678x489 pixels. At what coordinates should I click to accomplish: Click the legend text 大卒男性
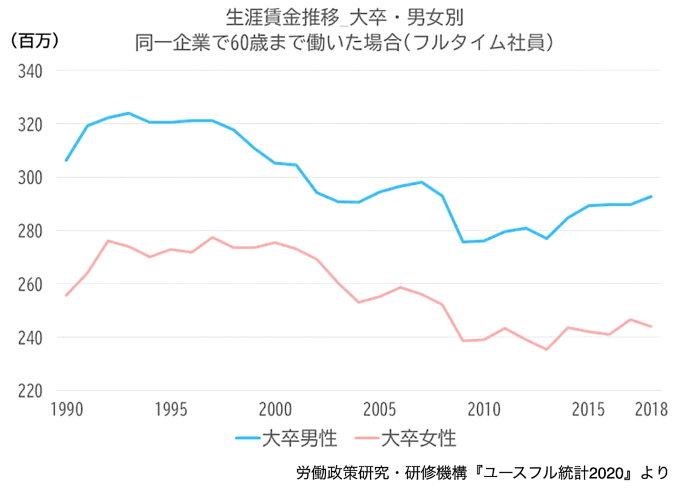tap(300, 438)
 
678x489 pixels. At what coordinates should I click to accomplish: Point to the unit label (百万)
tap(35, 41)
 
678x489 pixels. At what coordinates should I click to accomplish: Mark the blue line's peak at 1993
tap(128, 113)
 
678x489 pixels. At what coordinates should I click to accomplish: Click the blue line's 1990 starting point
tap(66, 160)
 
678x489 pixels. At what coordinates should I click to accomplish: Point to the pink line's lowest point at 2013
tap(547, 349)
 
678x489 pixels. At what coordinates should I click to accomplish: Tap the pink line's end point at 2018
tap(652, 327)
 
